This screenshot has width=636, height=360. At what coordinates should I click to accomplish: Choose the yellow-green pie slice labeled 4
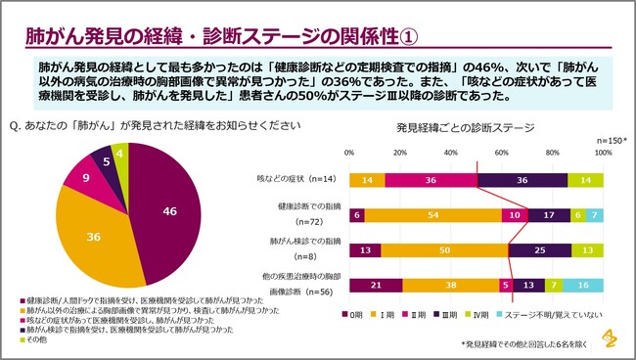coord(119,155)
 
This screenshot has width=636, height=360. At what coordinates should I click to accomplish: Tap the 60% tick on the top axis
coord(502,154)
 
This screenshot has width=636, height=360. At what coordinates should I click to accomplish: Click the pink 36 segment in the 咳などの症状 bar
coord(431,180)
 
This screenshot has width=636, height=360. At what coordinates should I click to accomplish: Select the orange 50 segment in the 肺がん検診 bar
coord(444,249)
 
